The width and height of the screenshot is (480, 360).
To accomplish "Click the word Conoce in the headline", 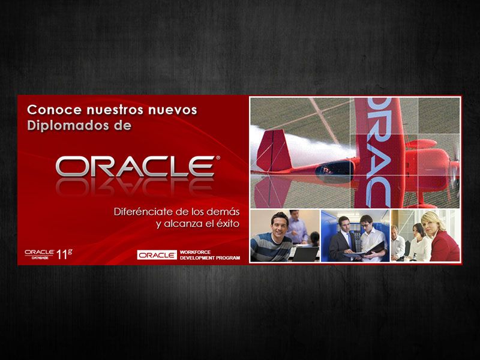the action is point(55,110).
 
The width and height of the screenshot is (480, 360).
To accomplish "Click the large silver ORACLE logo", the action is point(135,166).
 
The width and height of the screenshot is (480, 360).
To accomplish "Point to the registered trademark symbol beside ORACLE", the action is point(218,158).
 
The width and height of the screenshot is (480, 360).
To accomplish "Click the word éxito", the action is point(227,223).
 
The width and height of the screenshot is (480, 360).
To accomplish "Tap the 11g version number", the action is point(65,254).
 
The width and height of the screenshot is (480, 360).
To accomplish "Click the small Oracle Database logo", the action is point(39,254).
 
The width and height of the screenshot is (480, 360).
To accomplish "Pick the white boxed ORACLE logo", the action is point(157,254).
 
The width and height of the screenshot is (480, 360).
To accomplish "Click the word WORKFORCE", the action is point(196,252).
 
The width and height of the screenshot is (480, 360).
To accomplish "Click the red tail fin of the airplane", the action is point(274,150).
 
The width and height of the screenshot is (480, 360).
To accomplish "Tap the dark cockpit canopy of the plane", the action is point(335,170).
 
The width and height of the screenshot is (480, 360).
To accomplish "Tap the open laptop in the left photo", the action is point(305,254).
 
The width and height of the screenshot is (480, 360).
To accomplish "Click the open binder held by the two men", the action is point(366,251).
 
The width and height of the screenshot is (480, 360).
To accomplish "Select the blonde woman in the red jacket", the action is point(441,236).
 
